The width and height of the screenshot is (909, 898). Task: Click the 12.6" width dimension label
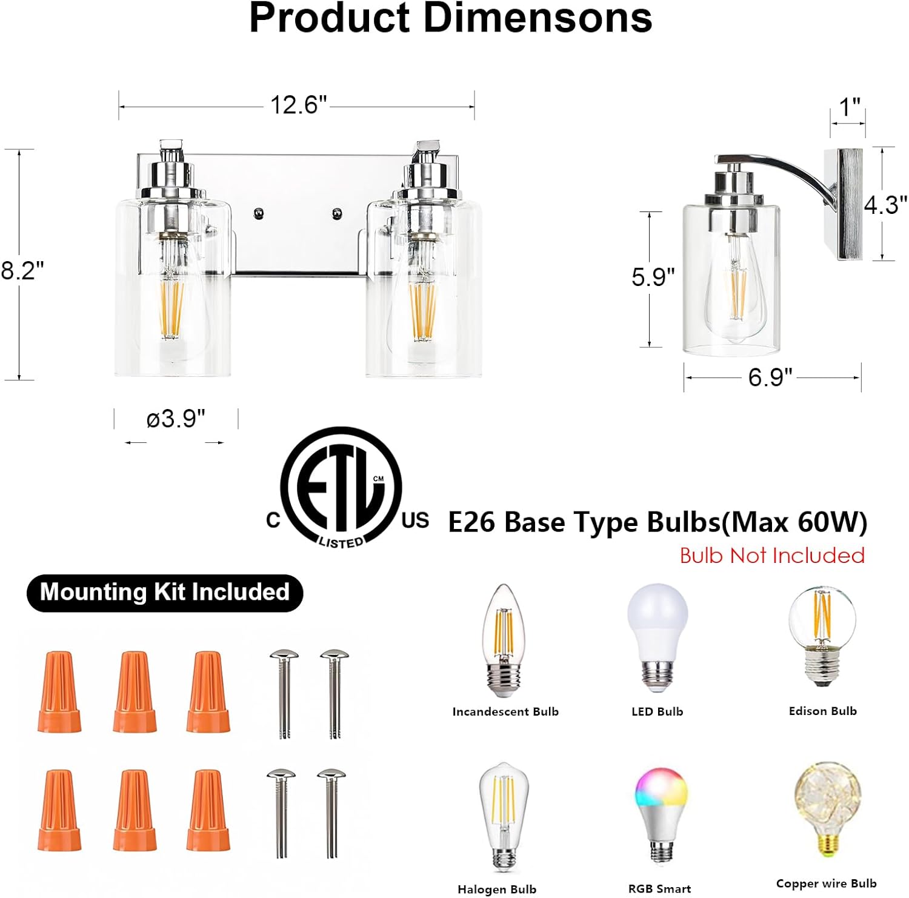point(298,105)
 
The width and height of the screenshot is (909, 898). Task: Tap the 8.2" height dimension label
point(22,270)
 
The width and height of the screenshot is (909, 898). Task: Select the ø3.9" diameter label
point(176,419)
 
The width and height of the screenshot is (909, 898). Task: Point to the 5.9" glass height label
point(653,277)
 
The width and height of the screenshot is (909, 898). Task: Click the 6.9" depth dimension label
point(770,377)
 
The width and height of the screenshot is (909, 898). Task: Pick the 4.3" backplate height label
point(885,205)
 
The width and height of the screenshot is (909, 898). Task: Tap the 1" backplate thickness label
point(849,108)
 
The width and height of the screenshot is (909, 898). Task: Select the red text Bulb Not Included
point(771,556)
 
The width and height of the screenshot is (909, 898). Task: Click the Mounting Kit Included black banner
point(165,592)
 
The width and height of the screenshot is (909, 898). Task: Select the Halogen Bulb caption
point(496,890)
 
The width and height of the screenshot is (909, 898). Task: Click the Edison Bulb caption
point(822,711)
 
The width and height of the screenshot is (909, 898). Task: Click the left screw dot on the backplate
point(259,213)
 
